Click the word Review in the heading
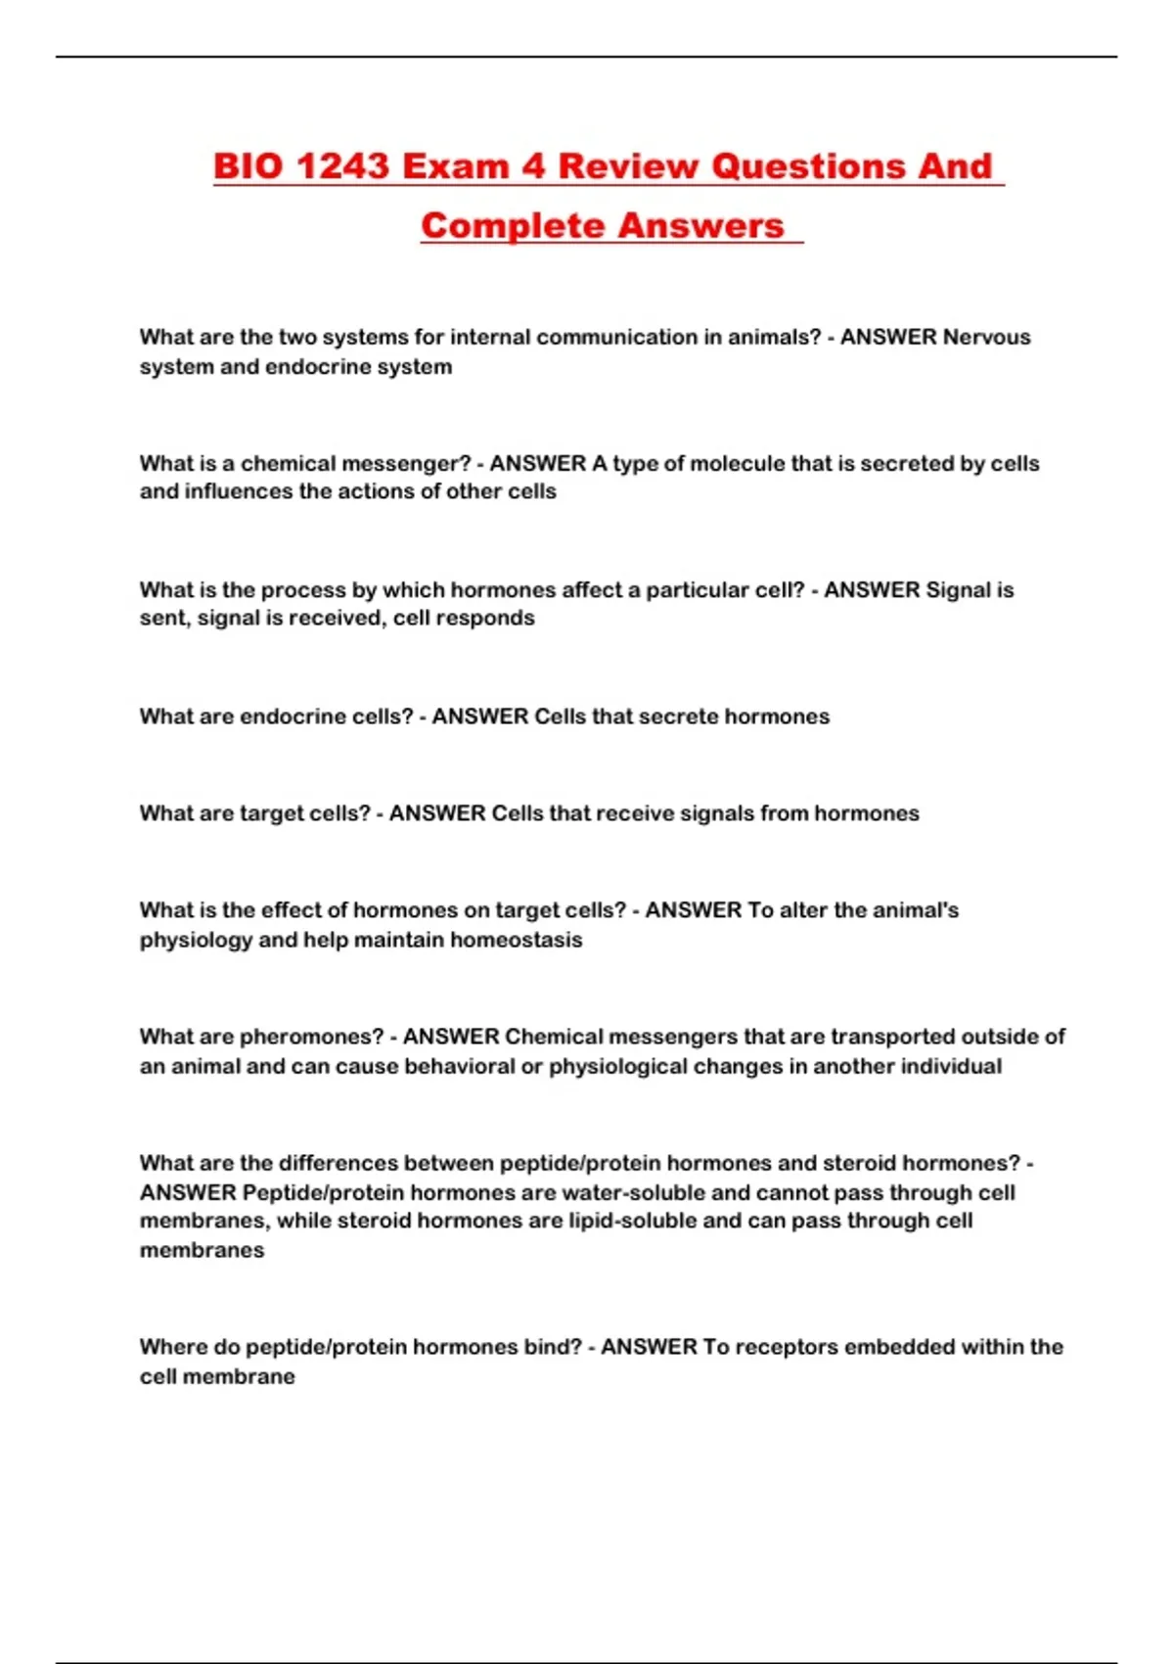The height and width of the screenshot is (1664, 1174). click(x=626, y=166)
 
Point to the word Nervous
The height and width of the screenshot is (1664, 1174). click(x=986, y=338)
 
